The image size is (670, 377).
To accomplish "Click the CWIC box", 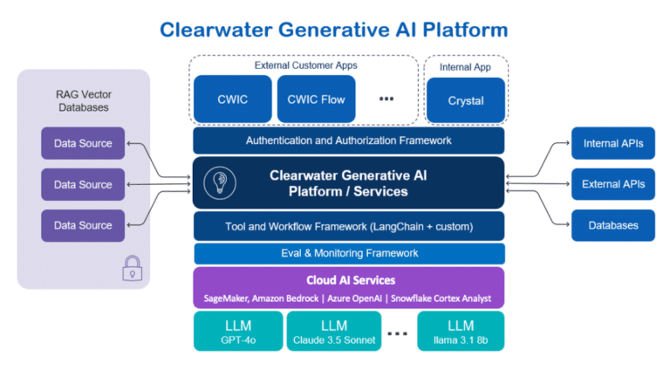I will click(x=232, y=99).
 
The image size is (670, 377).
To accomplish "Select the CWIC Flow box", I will click(x=315, y=99).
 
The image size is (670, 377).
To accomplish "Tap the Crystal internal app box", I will click(x=466, y=100).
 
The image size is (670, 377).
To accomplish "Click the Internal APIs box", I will click(x=612, y=143).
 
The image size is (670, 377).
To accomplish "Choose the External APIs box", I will click(x=612, y=184).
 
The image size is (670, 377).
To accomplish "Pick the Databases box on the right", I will click(x=612, y=225).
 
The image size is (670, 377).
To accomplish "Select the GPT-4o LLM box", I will click(x=237, y=332).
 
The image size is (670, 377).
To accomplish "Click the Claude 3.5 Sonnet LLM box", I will click(x=333, y=332).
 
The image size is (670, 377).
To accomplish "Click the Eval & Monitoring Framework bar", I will click(x=349, y=253).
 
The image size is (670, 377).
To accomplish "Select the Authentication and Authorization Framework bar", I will click(x=349, y=141).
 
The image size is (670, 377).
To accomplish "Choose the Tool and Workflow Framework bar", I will click(x=349, y=227).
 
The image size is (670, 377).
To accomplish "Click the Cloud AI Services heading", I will click(x=349, y=280).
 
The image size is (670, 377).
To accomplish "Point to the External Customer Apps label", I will click(x=305, y=65).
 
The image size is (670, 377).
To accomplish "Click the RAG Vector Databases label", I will click(x=83, y=100).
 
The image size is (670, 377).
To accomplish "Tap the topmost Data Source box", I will click(x=83, y=143).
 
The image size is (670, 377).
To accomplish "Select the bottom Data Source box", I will click(x=83, y=225).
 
